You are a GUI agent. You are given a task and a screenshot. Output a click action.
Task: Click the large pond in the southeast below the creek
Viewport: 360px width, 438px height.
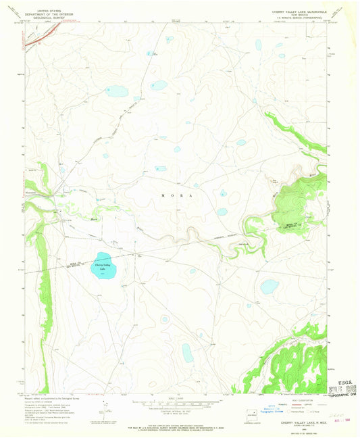269,287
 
